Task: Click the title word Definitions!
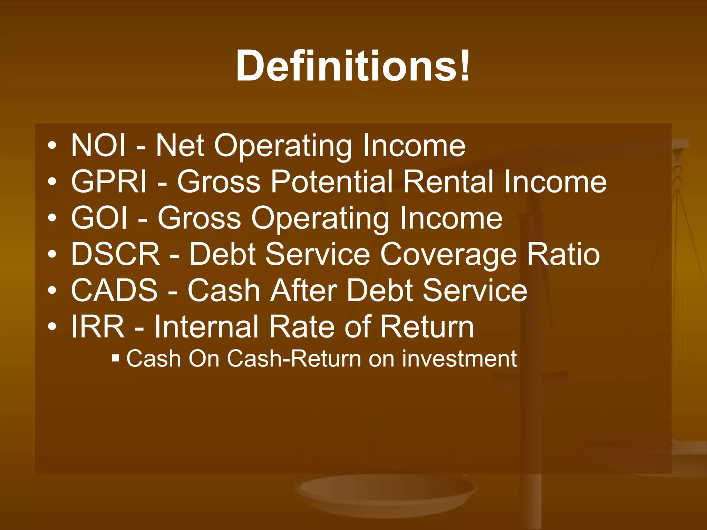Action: tap(353, 66)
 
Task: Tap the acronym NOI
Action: tap(98, 146)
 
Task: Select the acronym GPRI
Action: tap(109, 182)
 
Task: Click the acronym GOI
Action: tap(99, 218)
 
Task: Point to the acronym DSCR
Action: tap(115, 254)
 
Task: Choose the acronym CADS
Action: tap(114, 291)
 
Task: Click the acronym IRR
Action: tap(98, 327)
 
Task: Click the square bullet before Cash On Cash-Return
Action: tap(116, 358)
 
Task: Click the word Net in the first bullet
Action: tap(180, 146)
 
